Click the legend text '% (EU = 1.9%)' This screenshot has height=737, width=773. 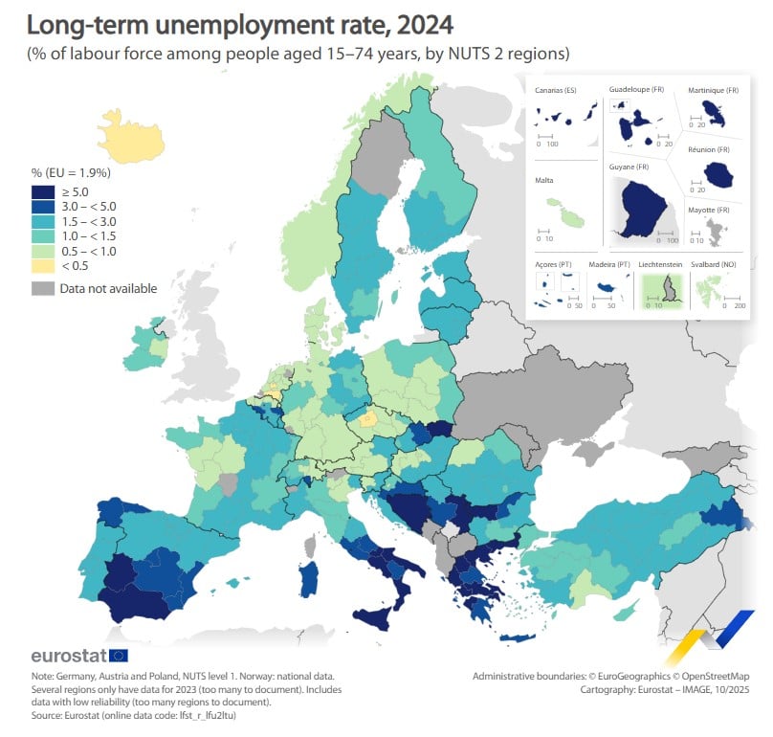(x=72, y=173)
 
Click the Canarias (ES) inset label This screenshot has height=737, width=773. (x=556, y=90)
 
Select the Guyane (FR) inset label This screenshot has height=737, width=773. (x=630, y=167)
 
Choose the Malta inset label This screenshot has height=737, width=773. (x=545, y=179)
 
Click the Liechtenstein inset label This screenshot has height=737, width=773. (x=661, y=263)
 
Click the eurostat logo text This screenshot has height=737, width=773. (x=69, y=656)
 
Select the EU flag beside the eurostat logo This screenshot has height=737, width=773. (x=119, y=656)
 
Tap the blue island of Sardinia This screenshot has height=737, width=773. (x=309, y=582)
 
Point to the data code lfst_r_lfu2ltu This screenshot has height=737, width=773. (x=206, y=713)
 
